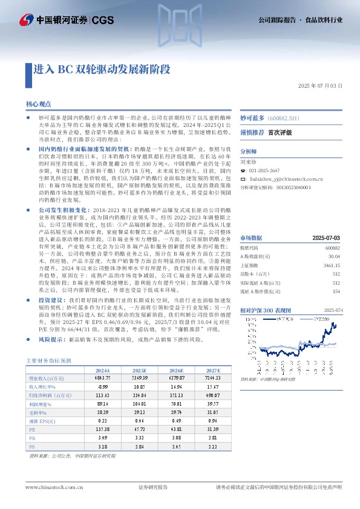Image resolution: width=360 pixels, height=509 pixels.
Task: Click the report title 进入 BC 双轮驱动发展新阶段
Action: click(x=102, y=69)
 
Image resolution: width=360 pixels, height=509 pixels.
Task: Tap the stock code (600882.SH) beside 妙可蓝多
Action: click(x=285, y=118)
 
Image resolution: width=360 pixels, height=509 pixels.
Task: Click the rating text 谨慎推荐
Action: click(x=252, y=132)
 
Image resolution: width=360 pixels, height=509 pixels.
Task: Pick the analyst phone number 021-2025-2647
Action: click(x=269, y=171)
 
